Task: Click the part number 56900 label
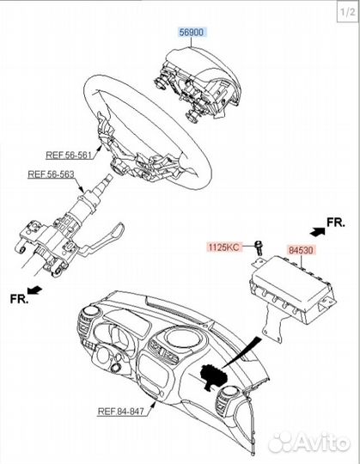coord(192,32)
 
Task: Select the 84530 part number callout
coord(301,250)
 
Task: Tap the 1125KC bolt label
coord(224,247)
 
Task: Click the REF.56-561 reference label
coord(69,155)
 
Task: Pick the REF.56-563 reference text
coord(51,174)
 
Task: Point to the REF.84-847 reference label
coord(121,411)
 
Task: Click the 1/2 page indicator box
coord(348,12)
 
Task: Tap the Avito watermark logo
coord(309,443)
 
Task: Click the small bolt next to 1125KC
coord(258,248)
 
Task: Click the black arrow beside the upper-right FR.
coord(318,231)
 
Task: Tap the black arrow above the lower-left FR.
coord(34,290)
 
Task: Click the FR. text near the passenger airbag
coord(336,223)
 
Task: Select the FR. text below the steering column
coord(20,299)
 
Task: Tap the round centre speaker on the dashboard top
coord(182,337)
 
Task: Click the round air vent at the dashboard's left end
coord(89,313)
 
